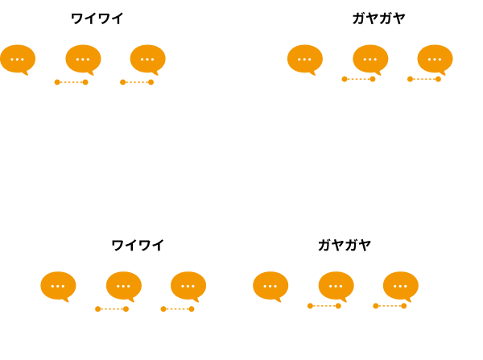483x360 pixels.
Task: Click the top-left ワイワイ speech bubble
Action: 97,19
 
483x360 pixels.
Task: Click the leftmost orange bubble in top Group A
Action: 18,59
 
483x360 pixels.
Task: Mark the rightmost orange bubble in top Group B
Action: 435,59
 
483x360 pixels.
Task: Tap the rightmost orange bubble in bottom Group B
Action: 400,286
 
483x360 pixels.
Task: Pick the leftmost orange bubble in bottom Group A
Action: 58,286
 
